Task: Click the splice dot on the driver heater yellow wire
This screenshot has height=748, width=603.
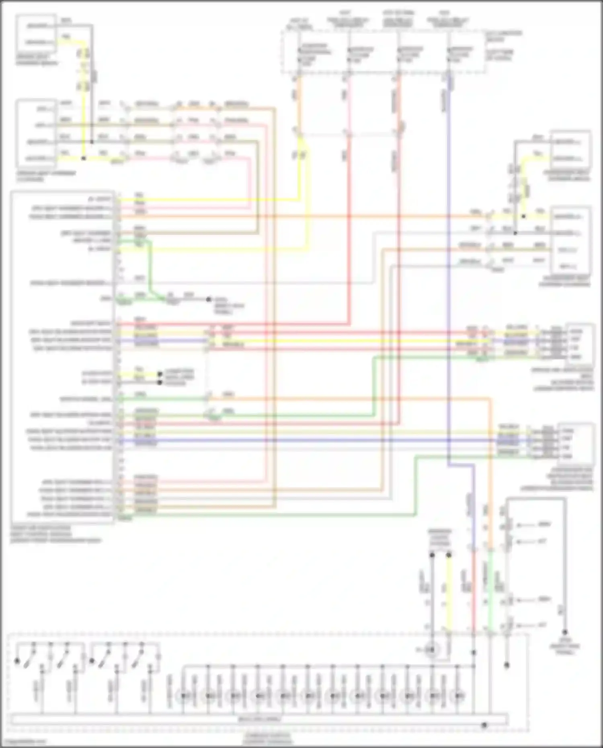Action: pyautogui.click(x=84, y=158)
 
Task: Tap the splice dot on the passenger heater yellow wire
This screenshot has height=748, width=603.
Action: pyautogui.click(x=523, y=216)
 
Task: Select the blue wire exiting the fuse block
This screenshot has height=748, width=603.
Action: pyautogui.click(x=448, y=92)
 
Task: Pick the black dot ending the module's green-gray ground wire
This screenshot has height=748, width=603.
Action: pyautogui.click(x=209, y=299)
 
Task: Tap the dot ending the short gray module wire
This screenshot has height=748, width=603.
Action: pyautogui.click(x=160, y=382)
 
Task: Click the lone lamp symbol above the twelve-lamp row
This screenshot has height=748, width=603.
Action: pyautogui.click(x=432, y=650)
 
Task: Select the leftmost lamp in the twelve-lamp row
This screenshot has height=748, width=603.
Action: pyautogui.click(x=184, y=695)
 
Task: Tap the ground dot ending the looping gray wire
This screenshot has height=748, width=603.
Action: pyautogui.click(x=565, y=631)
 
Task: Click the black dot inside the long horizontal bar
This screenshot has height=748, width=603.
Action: pyautogui.click(x=484, y=725)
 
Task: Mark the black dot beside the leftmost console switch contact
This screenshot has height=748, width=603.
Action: pyautogui.click(x=17, y=661)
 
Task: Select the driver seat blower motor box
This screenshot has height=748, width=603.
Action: pyautogui.click(x=580, y=344)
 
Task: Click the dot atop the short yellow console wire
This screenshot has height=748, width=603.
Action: pyautogui.click(x=449, y=555)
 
